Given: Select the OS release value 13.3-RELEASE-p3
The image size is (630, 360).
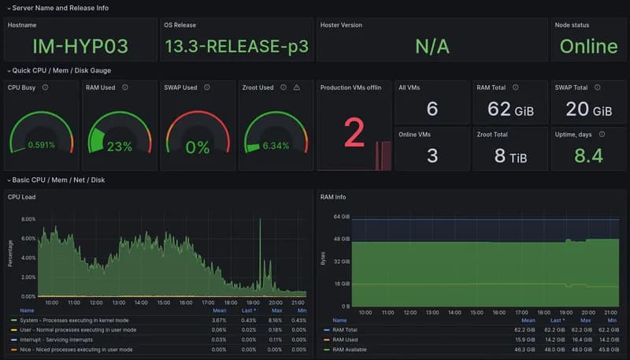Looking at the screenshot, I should pos(235,46).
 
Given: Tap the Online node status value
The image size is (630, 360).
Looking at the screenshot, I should pos(588,46).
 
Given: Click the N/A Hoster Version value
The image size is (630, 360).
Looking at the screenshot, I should pos(432,46).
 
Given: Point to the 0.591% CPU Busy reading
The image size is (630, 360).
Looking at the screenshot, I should pos(42,145).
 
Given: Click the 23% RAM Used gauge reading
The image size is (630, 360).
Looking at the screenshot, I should pos(120,147).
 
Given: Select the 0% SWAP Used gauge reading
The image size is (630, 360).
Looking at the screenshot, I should pos(198,147).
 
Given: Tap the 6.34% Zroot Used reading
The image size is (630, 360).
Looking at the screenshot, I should pos(276,145).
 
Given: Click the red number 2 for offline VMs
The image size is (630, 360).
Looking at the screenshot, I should pos(354,135).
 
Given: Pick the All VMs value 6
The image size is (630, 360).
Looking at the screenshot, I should pos(432,109).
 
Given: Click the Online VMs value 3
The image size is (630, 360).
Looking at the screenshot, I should pos(432,155).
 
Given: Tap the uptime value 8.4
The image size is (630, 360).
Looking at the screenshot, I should pos(588,155).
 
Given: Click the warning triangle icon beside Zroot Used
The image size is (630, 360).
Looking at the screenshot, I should pos(297,87).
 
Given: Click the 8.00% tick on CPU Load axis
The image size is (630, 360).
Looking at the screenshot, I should pos(28,219).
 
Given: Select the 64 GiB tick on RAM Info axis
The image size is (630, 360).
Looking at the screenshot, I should pos(341,217).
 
